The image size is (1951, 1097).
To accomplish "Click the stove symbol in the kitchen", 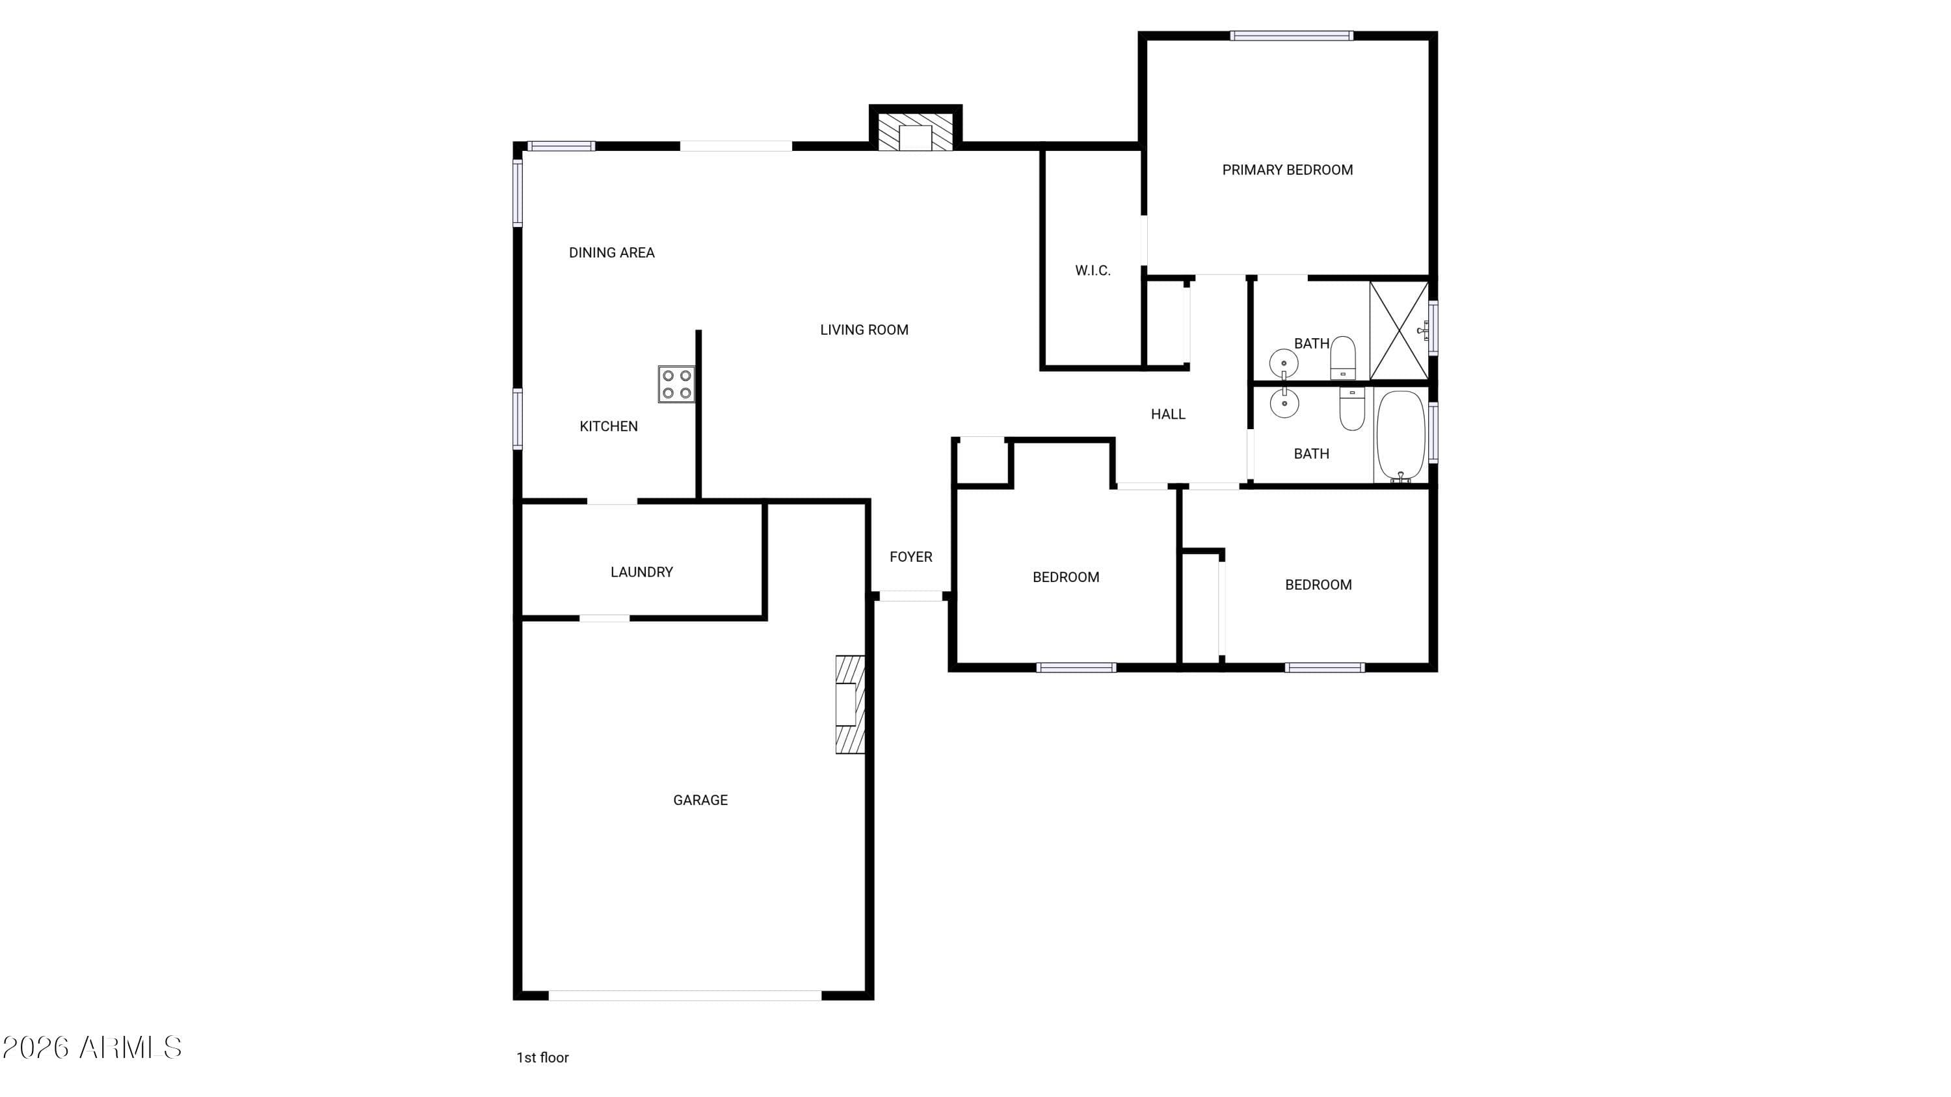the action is tap(676, 384).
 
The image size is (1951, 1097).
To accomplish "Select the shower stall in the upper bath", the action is tap(1399, 330).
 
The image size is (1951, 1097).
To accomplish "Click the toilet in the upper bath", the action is tap(1343, 358).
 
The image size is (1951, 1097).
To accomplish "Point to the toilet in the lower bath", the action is tap(1352, 409).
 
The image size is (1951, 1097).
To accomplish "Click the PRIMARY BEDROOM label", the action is tap(1288, 170).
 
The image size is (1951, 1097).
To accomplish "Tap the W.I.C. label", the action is tap(1093, 271).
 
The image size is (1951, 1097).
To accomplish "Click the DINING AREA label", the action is tap(612, 253).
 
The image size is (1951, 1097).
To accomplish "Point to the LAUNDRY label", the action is tap(641, 572).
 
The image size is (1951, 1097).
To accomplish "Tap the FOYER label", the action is tap(911, 557).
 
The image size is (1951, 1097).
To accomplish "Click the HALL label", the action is tap(1168, 414).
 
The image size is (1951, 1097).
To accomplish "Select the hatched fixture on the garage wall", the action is tap(850, 704).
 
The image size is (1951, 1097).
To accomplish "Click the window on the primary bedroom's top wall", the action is tap(1292, 36).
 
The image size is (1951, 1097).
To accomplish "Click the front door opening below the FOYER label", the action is tap(911, 596).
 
